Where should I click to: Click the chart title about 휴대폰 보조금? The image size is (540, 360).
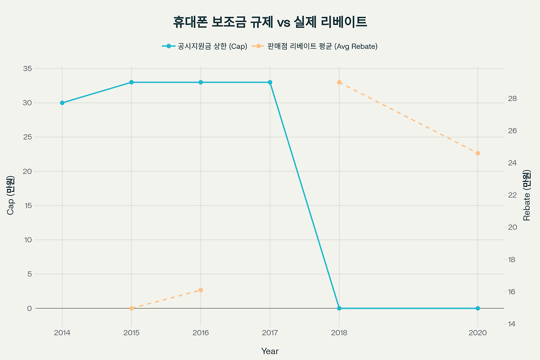click(270, 22)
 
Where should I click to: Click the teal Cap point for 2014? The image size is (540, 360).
click(62, 103)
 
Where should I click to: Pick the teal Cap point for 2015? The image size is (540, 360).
click(131, 82)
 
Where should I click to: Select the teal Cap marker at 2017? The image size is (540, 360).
click(270, 82)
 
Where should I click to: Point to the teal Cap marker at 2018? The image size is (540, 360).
click(339, 309)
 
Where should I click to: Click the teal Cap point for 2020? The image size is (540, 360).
click(478, 309)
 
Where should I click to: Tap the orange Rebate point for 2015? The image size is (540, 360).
click(131, 309)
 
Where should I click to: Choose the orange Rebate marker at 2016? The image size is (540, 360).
click(201, 290)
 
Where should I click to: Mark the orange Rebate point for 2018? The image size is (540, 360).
click(339, 82)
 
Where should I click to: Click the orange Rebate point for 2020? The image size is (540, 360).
click(478, 153)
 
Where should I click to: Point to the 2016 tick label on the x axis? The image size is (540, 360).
click(201, 333)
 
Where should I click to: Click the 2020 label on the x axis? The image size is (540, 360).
click(478, 333)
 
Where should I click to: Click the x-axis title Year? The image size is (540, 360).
click(270, 351)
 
